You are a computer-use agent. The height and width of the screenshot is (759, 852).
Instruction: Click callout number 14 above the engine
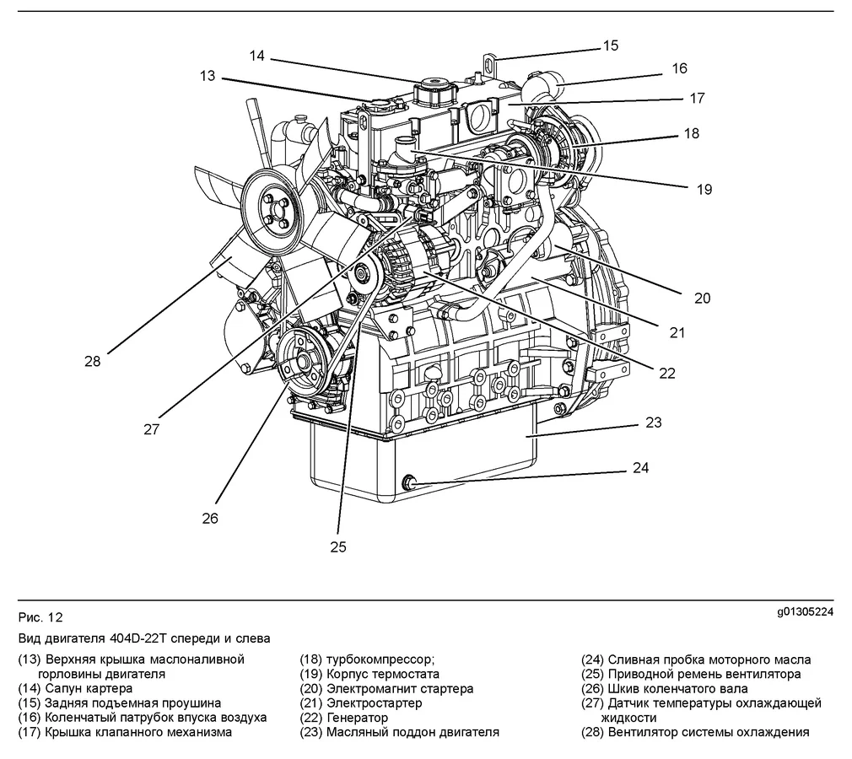point(257,56)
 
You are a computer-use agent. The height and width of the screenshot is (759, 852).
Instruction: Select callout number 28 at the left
point(92,361)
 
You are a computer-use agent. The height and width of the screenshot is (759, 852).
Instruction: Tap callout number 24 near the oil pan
point(641,468)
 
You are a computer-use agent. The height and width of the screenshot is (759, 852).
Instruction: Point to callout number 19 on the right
point(704,189)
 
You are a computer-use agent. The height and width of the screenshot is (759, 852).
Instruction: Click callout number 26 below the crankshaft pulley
point(209,518)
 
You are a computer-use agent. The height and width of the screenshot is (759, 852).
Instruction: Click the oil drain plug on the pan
point(412,482)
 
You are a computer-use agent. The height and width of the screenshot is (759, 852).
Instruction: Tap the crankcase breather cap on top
point(435,88)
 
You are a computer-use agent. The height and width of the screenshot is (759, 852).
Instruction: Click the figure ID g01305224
point(805,612)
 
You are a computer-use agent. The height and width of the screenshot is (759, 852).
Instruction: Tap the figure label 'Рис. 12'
point(40,616)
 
